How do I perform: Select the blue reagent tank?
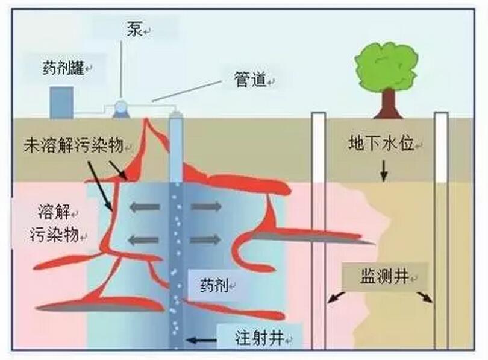pos(61,103)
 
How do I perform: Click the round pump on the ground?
pos(121,108)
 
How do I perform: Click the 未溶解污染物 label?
pos(74,145)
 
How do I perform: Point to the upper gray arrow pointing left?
pos(143,207)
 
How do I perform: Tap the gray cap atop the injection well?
pos(175,115)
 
